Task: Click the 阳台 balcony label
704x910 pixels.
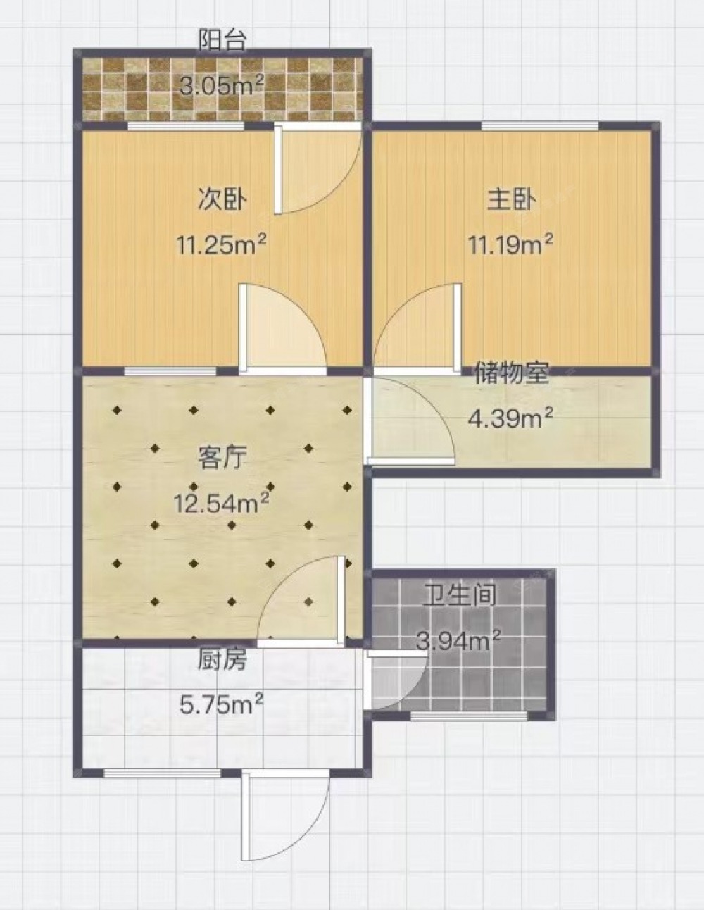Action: [222, 40]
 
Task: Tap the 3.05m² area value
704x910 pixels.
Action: [222, 86]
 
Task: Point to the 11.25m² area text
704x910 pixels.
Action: [222, 244]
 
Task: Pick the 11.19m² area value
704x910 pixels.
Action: [510, 244]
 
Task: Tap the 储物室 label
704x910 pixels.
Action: [511, 373]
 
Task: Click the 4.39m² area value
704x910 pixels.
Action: [510, 418]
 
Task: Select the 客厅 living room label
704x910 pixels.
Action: [222, 457]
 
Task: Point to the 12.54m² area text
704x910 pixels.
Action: [222, 503]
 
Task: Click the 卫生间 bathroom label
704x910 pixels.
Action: [460, 594]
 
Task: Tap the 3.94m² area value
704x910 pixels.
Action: [459, 640]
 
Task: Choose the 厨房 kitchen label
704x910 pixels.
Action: [222, 661]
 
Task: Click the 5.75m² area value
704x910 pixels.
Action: [222, 706]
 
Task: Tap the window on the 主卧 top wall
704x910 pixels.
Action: [540, 125]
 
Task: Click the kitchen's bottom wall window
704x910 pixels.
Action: [162, 773]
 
